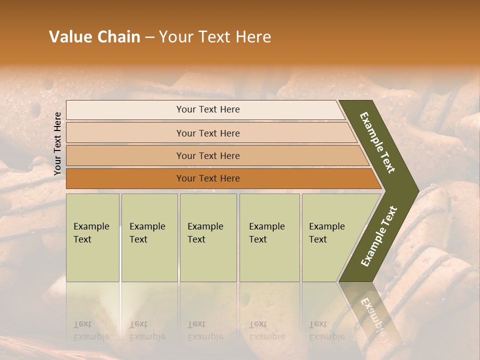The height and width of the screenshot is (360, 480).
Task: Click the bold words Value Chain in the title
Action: [94, 37]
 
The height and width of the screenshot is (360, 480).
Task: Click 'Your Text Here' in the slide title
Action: [215, 37]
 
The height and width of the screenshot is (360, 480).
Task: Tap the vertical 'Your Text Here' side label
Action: [57, 143]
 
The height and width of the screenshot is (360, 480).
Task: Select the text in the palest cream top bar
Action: [208, 109]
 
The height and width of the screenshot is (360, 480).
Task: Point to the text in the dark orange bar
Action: [208, 178]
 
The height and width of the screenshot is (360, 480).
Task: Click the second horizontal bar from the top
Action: [208, 133]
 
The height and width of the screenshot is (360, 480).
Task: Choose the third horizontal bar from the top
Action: [208, 156]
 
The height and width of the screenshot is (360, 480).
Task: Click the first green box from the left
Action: [92, 237]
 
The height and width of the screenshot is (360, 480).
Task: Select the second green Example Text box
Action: [149, 237]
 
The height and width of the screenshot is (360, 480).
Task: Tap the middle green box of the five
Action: [208, 237]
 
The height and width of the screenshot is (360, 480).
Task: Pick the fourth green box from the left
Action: [269, 237]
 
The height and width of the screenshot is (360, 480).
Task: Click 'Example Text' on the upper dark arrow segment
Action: [377, 142]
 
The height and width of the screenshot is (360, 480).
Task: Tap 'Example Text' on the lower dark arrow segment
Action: [378, 236]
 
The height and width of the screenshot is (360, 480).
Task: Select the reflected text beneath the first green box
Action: [91, 330]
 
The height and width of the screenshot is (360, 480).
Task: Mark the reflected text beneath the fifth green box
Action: [326, 330]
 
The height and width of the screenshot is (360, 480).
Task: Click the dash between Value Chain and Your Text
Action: [149, 37]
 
